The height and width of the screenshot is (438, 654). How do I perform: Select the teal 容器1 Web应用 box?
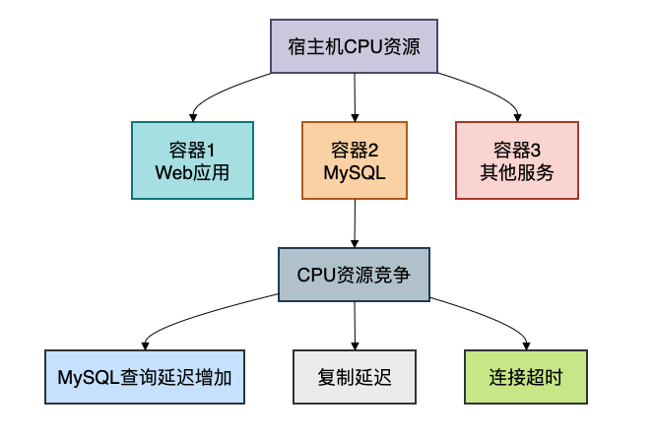(192, 160)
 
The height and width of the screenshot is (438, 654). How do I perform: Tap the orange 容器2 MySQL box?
(354, 160)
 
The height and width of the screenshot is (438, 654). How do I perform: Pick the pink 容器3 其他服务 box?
(516, 160)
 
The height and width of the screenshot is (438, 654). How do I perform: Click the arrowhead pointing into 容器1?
(193, 116)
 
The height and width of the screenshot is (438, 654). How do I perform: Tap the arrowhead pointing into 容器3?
(516, 116)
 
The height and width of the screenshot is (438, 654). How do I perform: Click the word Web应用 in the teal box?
(192, 172)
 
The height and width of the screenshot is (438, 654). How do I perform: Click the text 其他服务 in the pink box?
(516, 172)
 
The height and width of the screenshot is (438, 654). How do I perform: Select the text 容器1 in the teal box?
(192, 150)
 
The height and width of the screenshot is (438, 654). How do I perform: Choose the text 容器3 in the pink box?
(516, 150)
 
